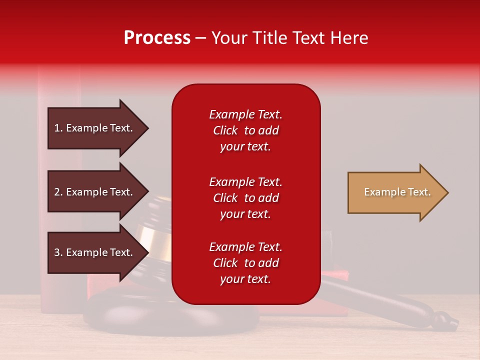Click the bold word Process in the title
click(157, 38)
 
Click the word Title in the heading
click(268, 38)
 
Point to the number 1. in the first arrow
click(58, 128)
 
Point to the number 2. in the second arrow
click(58, 192)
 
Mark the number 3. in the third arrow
click(58, 252)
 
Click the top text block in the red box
click(245, 130)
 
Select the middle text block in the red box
click(245, 198)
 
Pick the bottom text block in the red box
click(245, 263)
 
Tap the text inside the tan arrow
click(397, 192)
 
